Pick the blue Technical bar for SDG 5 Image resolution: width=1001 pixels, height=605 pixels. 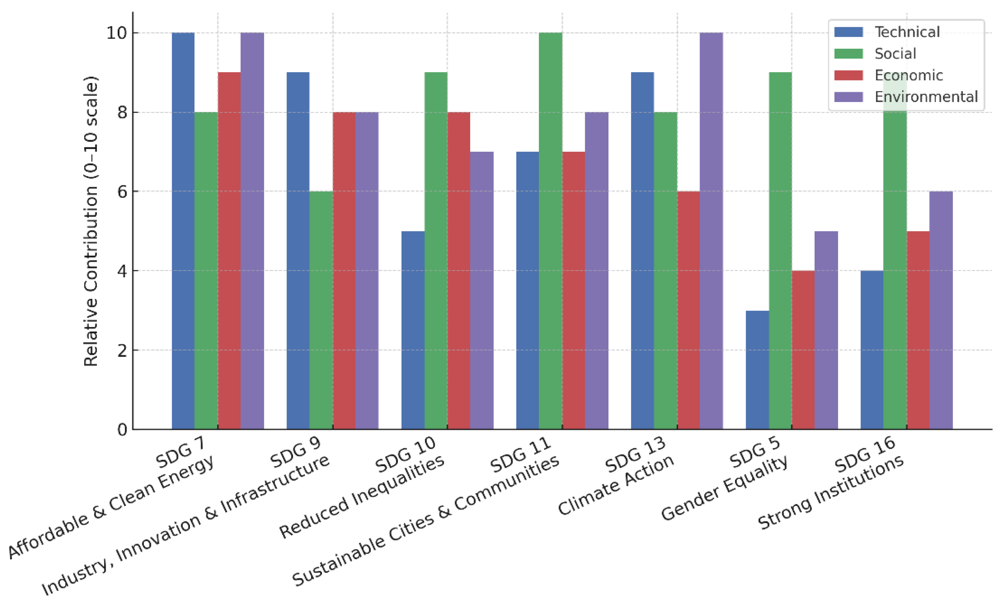coord(757,369)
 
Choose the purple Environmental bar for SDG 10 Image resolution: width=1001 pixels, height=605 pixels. coord(482,290)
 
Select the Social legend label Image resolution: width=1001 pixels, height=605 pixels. coord(895,54)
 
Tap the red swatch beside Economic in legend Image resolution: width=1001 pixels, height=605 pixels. coord(848,75)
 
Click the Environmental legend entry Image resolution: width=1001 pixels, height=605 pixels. coord(925,97)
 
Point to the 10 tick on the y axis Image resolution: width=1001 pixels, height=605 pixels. coord(117,33)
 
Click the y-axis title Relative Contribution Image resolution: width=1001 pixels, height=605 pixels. coord(91,221)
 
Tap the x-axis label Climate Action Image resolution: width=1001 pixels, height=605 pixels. coord(615,485)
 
